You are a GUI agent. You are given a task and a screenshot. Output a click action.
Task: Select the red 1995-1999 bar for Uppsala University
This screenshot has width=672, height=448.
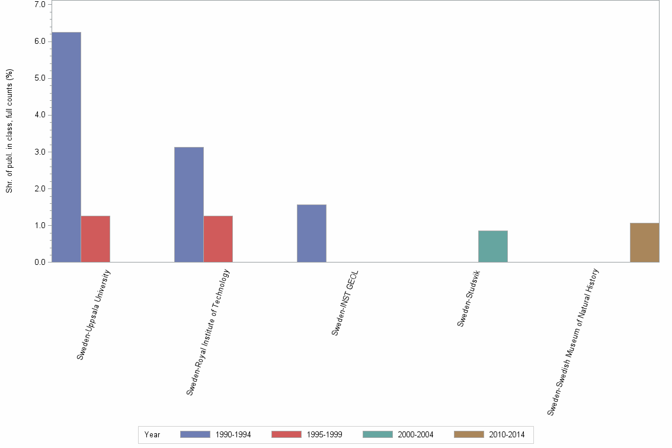(95, 239)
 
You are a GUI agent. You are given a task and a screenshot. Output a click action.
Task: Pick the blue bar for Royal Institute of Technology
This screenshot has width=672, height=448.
(189, 204)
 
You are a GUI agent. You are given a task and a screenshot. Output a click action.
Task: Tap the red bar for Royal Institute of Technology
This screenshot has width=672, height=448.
(218, 239)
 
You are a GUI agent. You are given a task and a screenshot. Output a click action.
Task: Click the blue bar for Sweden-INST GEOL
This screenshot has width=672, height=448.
(312, 233)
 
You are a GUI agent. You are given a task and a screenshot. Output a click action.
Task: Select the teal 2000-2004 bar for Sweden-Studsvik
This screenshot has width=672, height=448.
(493, 246)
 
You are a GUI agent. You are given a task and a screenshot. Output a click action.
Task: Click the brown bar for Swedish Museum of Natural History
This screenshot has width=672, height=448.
(644, 242)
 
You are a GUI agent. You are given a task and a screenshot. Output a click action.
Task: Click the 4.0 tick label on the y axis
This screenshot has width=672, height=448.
(40, 115)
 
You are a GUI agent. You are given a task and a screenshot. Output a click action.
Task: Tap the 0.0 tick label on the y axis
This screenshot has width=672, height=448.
(40, 262)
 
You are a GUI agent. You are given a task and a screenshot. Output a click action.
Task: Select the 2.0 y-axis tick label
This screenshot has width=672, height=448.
(40, 188)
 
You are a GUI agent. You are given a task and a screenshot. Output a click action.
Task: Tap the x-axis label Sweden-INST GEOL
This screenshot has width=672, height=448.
(346, 302)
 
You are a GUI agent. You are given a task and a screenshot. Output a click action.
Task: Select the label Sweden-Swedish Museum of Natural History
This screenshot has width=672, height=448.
(574, 342)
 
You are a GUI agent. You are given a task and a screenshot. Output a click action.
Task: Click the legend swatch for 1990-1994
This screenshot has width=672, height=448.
(195, 434)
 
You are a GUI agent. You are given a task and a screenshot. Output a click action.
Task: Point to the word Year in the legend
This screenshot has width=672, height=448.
(152, 434)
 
